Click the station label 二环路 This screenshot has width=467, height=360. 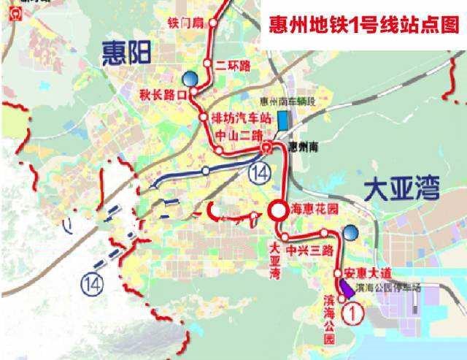click(233, 65)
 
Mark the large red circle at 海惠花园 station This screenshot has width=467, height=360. click(277, 211)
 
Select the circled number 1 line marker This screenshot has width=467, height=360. click(353, 314)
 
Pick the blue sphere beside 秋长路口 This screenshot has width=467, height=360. click(190, 77)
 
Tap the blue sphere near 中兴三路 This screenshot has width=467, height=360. click(351, 232)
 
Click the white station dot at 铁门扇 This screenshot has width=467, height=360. click(214, 23)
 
